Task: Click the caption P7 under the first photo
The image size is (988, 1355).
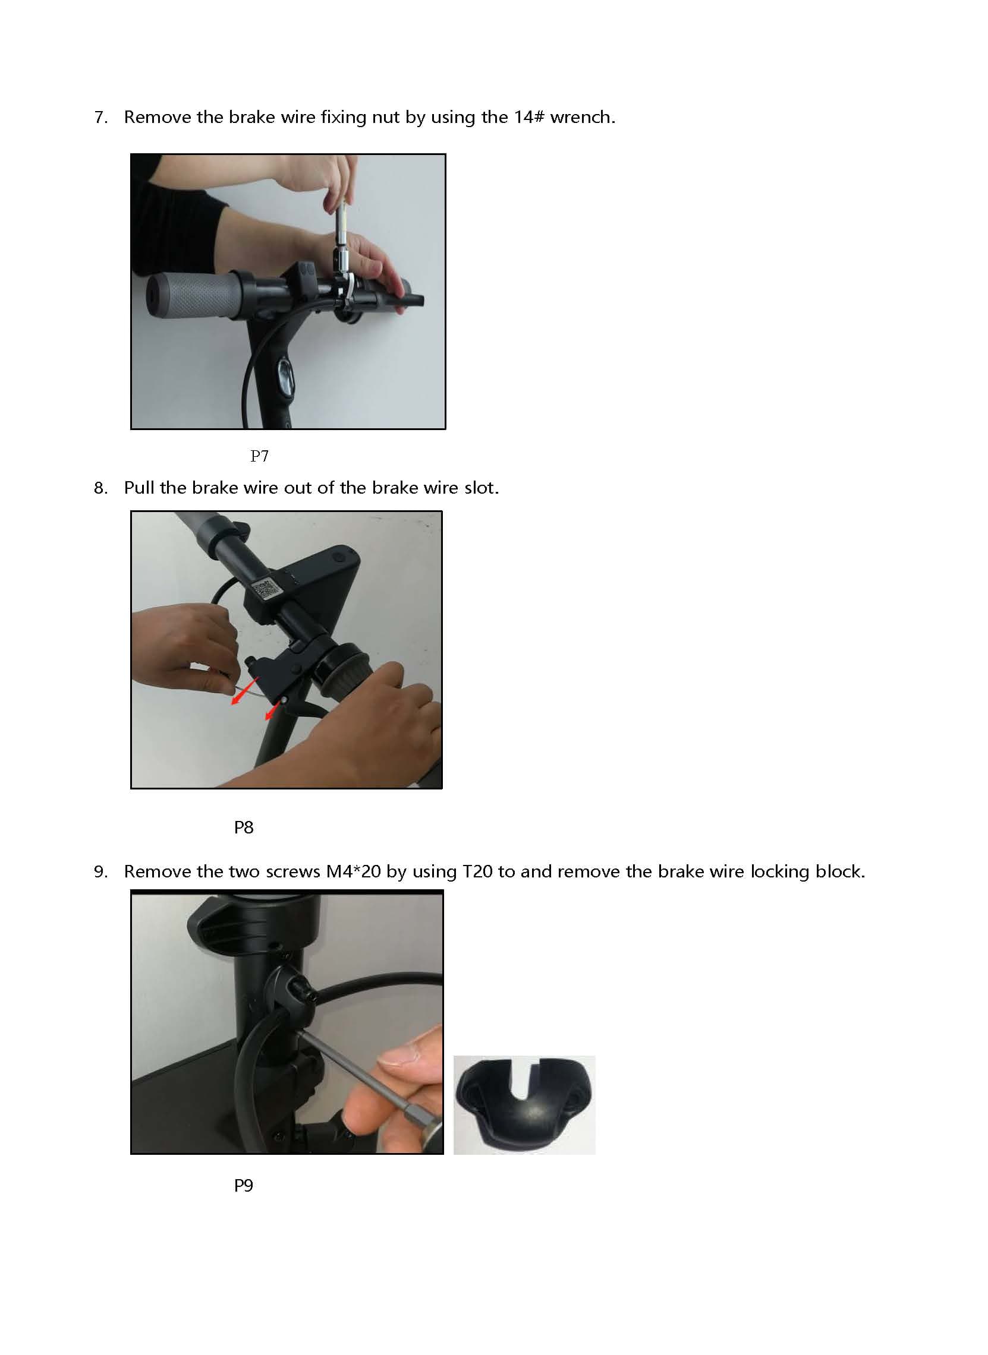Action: pyautogui.click(x=259, y=456)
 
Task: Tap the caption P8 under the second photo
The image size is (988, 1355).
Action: pyautogui.click(x=243, y=827)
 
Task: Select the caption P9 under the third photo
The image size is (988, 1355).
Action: pyautogui.click(x=243, y=1185)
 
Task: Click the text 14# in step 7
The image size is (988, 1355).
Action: pyautogui.click(x=528, y=116)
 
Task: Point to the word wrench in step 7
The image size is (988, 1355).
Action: pyautogui.click(x=583, y=117)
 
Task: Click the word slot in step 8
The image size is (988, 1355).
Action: pyautogui.click(x=482, y=488)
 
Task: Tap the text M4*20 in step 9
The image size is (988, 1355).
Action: pyautogui.click(x=354, y=871)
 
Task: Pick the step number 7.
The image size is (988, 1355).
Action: pyautogui.click(x=100, y=117)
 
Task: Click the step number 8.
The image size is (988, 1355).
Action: pyautogui.click(x=100, y=488)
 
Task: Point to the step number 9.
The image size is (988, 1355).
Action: pyautogui.click(x=100, y=871)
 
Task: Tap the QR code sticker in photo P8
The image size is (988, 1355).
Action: pyautogui.click(x=266, y=590)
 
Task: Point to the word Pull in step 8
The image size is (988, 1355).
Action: pyautogui.click(x=139, y=488)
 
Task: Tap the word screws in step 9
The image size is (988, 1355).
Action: pyautogui.click(x=293, y=872)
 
